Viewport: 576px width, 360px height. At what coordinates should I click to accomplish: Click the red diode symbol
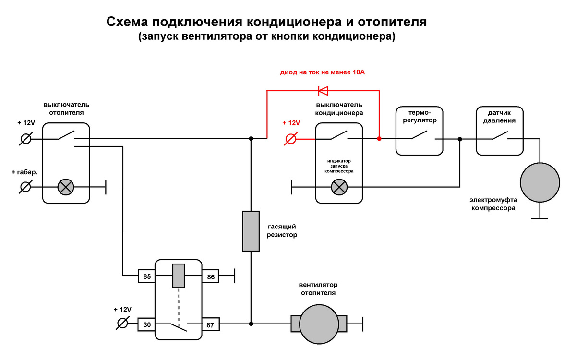[323, 90]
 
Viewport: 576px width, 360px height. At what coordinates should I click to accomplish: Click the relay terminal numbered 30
[147, 324]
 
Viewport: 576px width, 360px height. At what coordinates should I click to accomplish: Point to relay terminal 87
[210, 324]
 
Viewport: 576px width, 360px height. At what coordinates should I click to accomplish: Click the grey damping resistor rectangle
[251, 231]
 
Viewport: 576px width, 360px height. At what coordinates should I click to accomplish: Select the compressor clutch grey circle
[540, 182]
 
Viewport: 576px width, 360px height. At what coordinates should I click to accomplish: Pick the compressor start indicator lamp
[340, 187]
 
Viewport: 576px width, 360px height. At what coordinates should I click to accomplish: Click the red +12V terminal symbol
[290, 139]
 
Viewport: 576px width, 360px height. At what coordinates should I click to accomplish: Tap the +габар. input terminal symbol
[26, 187]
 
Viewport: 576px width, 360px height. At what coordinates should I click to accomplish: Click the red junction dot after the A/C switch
[379, 139]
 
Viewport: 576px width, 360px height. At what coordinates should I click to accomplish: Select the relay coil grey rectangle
[178, 276]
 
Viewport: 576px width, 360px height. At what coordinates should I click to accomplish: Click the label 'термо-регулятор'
[419, 117]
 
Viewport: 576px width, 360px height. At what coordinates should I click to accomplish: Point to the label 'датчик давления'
[499, 117]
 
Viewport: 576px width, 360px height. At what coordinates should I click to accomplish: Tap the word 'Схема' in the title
[126, 23]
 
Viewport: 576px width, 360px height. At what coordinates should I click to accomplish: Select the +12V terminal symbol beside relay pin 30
[122, 323]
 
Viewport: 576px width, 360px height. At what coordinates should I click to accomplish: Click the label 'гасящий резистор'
[282, 230]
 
